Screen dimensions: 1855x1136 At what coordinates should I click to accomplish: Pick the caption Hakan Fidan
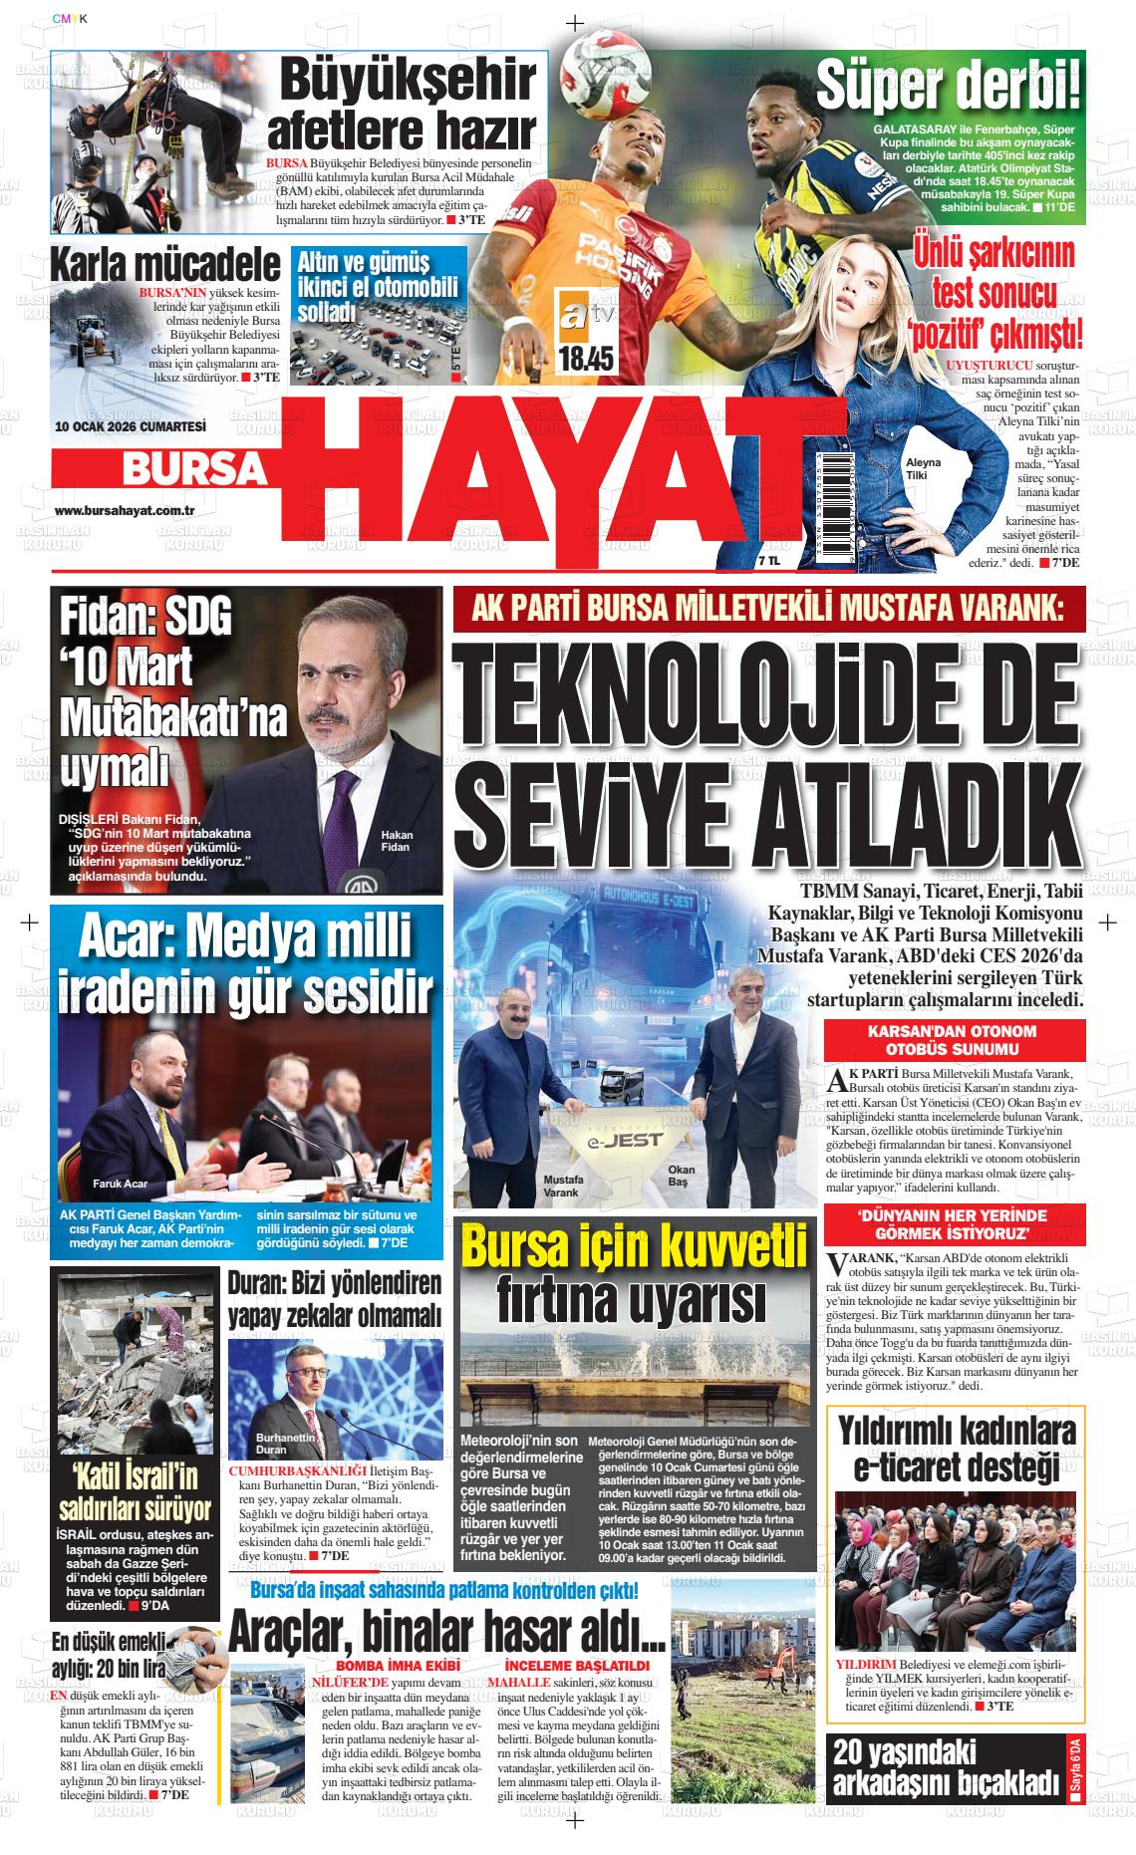pos(396,841)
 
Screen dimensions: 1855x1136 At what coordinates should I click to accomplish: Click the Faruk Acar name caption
pos(120,1184)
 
